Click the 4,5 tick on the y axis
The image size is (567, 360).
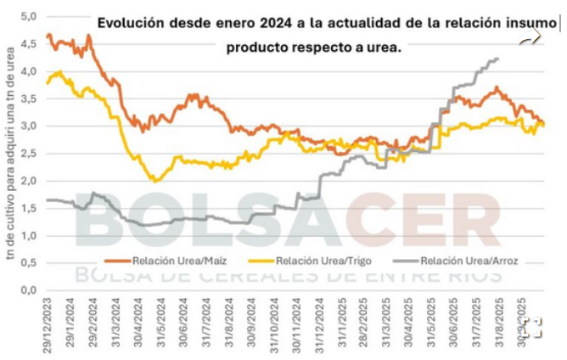28,43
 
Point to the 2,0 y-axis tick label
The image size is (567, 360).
28,181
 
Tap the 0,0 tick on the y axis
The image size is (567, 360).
28,290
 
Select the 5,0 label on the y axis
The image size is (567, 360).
28,16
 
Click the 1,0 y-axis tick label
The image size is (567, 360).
28,236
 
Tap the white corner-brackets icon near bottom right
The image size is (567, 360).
532,329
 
